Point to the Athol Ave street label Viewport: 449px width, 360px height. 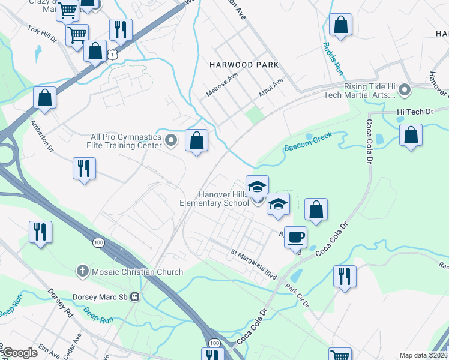pyautogui.click(x=270, y=90)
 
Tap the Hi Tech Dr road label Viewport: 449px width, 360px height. pyautogui.click(x=415, y=112)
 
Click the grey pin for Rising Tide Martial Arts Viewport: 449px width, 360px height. pyautogui.click(x=405, y=90)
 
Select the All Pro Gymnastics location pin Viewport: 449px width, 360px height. pyautogui.click(x=171, y=141)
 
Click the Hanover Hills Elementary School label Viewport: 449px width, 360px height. pyautogui.click(x=214, y=199)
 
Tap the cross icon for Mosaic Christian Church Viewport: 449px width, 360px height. pyautogui.click(x=83, y=272)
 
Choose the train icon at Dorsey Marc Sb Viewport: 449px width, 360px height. pyautogui.click(x=135, y=296)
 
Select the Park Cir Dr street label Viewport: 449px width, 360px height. pyautogui.click(x=297, y=295)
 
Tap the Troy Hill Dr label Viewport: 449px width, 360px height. pyautogui.click(x=41, y=34)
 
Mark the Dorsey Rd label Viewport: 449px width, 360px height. pyautogui.click(x=61, y=304)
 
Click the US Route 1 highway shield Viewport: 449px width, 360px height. pyautogui.click(x=112, y=55)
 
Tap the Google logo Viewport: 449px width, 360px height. pyautogui.click(x=20, y=353)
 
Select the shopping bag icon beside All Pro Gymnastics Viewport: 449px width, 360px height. pyautogui.click(x=196, y=141)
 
